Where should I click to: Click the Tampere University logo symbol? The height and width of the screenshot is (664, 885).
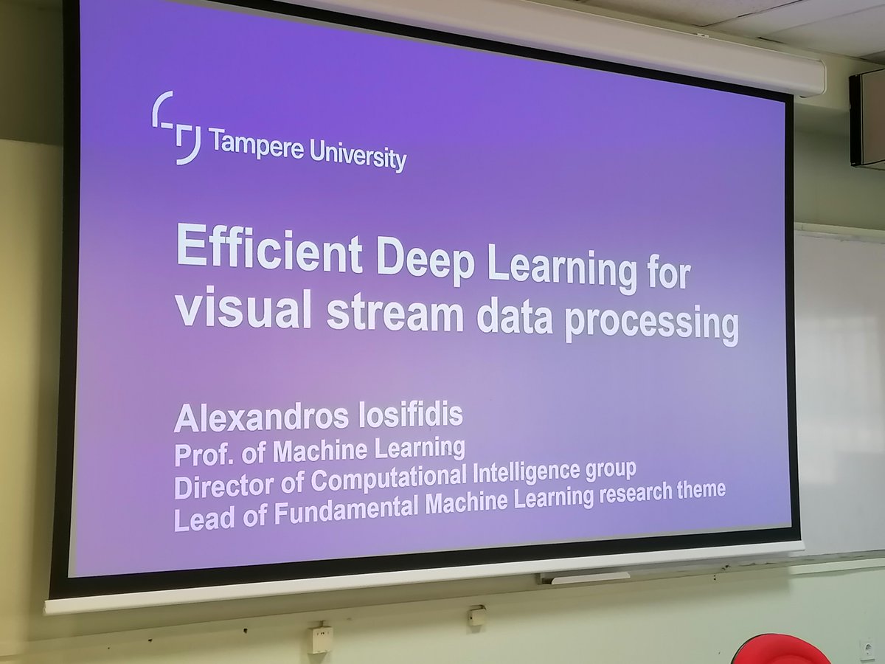click(176, 127)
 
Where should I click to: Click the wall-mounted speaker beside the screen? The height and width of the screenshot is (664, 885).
click(867, 118)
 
